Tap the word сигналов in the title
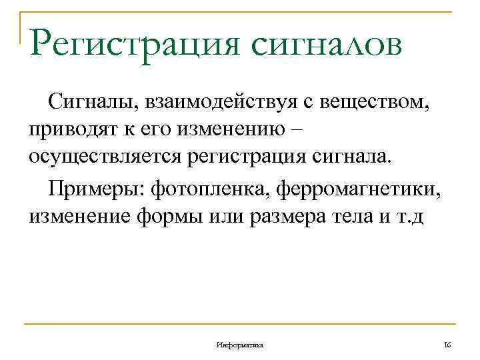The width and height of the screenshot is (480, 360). (327, 46)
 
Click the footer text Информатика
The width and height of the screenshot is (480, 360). (240, 345)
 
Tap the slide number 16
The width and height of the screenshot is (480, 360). (447, 345)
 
